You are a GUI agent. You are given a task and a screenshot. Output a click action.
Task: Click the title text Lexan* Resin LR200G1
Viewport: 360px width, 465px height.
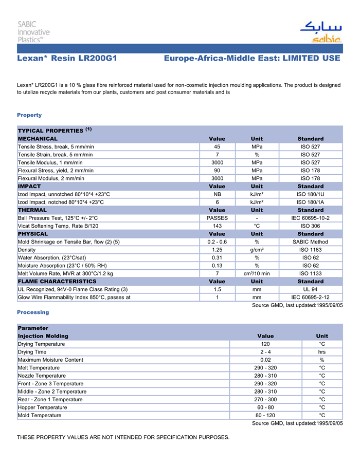67,59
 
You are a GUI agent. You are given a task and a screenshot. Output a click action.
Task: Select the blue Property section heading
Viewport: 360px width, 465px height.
29,115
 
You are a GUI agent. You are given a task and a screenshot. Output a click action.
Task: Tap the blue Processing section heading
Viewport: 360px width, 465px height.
33,312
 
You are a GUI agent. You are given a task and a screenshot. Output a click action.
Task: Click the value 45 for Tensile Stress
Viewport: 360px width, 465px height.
217,147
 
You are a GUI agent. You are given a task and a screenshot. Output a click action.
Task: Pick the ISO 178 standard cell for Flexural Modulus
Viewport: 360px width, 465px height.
310,178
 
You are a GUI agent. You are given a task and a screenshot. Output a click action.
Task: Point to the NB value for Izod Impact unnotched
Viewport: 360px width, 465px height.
217,194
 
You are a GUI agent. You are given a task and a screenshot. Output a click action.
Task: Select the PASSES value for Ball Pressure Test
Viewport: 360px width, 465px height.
217,218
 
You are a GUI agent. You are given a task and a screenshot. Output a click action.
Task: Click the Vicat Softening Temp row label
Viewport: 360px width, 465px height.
58,226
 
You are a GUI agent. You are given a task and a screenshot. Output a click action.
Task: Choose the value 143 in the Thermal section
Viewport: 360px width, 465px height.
217,226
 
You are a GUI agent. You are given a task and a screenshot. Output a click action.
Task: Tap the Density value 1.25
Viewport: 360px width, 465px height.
217,250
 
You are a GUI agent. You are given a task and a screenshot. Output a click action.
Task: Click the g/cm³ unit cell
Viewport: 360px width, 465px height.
257,250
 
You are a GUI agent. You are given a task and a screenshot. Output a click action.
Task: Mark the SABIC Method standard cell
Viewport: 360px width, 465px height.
310,242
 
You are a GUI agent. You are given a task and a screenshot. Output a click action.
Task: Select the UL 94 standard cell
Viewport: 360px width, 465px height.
310,289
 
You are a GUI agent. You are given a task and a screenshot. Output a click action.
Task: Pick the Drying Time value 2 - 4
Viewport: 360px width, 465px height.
265,352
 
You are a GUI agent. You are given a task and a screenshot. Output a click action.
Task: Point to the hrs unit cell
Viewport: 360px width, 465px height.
322,352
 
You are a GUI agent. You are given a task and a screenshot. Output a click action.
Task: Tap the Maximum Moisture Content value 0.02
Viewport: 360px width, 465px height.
265,360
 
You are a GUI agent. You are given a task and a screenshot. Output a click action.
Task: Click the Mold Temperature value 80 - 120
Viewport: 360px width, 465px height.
265,415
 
